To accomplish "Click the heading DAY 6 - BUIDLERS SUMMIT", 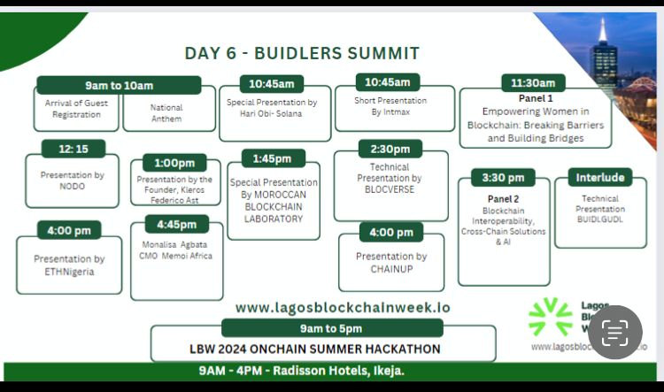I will [302, 53].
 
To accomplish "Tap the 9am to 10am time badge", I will [119, 85].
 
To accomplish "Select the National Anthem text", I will [166, 113].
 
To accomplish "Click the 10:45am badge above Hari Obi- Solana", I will [272, 84].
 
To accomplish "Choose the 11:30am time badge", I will [533, 83].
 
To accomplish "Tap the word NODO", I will [73, 187].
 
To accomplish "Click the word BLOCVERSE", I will [390, 189].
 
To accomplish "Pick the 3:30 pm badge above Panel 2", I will [503, 178].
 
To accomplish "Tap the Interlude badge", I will [600, 178].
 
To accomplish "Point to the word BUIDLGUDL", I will [600, 219].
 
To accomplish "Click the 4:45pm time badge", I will [176, 224].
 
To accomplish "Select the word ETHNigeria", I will [69, 271].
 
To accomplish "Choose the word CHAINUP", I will [391, 268].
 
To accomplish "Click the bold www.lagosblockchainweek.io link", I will [343, 307].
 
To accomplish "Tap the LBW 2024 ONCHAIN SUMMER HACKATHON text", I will [322, 349].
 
